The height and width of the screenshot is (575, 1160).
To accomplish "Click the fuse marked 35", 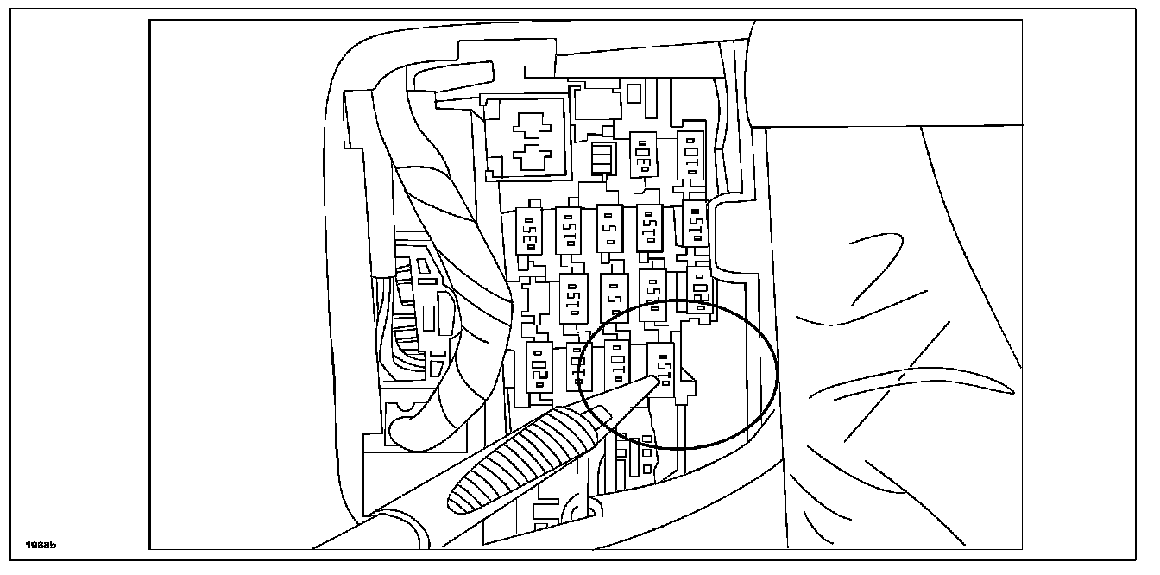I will [528, 231].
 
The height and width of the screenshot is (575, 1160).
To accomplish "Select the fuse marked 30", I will [643, 155].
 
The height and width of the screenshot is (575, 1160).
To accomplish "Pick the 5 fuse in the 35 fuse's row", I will [610, 228].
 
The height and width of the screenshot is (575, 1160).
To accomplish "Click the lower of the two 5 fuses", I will [614, 298].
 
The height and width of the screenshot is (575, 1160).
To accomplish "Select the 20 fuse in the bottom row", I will [539, 366].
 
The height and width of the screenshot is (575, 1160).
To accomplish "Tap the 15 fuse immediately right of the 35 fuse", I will [568, 230].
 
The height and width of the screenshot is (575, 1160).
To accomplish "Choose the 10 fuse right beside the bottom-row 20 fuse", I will [577, 367].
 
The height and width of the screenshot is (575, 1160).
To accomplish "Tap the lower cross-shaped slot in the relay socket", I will [529, 158].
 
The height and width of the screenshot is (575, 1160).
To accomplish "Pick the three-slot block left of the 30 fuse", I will [603, 160].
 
